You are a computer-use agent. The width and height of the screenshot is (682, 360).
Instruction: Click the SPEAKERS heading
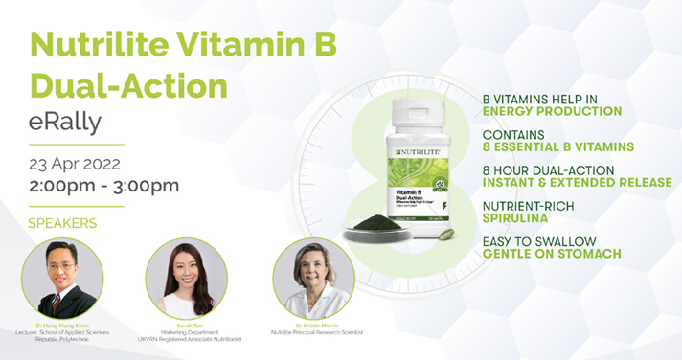63,223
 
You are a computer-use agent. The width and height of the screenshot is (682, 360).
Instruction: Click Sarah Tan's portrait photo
186,279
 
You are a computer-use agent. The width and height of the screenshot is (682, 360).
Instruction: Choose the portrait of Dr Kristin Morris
313,279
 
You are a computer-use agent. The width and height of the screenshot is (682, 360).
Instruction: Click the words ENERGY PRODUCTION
553,112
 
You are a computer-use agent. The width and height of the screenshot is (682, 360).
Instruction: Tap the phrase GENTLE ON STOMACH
552,254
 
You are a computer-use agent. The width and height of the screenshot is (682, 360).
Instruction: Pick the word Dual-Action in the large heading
129,85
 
